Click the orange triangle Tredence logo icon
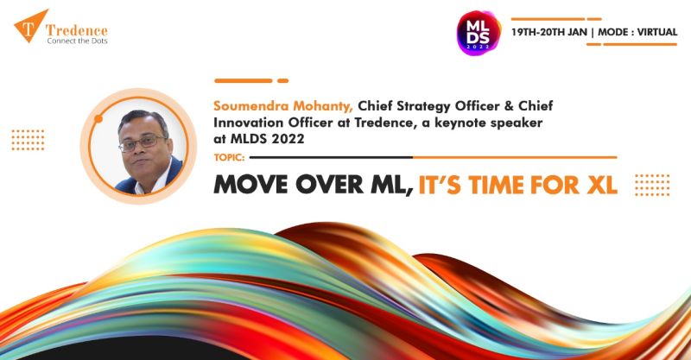pyautogui.click(x=29, y=25)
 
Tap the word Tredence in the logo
pyautogui.click(x=77, y=30)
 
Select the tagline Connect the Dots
pyautogui.click(x=77, y=41)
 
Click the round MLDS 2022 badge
pyautogui.click(x=479, y=33)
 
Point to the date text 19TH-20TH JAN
pyautogui.click(x=549, y=32)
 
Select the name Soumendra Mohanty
pyautogui.click(x=283, y=106)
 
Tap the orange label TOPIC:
pyautogui.click(x=229, y=157)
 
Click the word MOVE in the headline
pyautogui.click(x=250, y=185)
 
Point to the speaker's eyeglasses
pyautogui.click(x=143, y=142)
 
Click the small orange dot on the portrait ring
pyautogui.click(x=98, y=118)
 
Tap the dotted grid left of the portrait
pyautogui.click(x=28, y=140)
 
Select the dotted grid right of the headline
pyautogui.click(x=652, y=185)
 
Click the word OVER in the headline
pyautogui.click(x=330, y=185)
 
